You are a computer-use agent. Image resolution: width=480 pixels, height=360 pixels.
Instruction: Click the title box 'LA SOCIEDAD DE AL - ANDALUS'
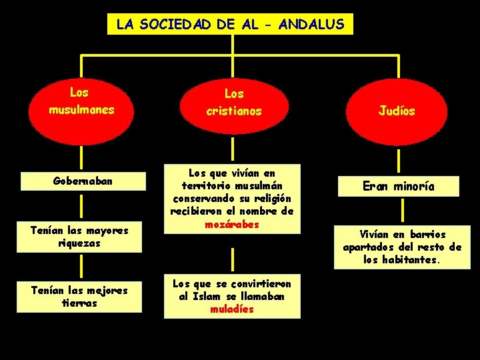click(x=230, y=25)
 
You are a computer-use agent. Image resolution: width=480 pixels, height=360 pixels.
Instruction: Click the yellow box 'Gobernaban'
click(x=81, y=181)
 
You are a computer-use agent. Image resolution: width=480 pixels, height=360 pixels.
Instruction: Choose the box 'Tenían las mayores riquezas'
click(x=81, y=237)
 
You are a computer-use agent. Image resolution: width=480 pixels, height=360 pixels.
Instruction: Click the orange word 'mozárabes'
click(x=231, y=225)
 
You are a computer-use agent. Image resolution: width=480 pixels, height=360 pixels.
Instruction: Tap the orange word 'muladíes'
click(x=231, y=309)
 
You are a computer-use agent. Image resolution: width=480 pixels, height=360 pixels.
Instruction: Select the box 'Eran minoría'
click(x=399, y=186)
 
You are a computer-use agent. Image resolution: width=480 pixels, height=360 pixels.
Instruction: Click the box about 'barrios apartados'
click(x=402, y=247)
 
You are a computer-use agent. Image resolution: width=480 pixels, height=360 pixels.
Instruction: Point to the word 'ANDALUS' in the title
click(x=312, y=25)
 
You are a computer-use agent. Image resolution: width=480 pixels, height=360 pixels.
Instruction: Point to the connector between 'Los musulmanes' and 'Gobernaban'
click(x=81, y=159)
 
